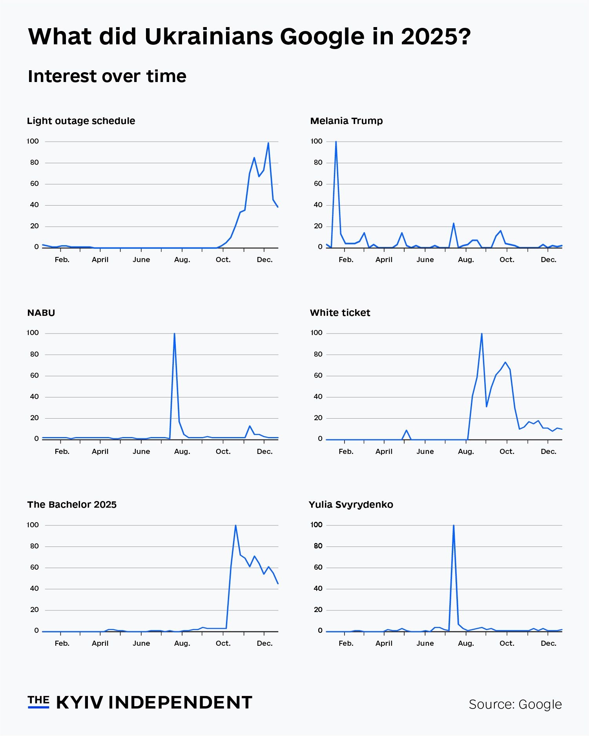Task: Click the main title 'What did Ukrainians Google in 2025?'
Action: pos(249,37)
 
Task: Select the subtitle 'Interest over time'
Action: pos(107,76)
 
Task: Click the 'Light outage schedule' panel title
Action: pos(81,121)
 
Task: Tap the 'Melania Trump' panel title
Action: pos(346,121)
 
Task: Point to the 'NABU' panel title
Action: pos(41,313)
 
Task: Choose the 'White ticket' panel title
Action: pos(340,313)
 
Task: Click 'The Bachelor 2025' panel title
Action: pos(72,505)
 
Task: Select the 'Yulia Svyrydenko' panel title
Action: pos(351,505)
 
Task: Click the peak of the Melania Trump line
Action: pos(336,142)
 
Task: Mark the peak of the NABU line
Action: pos(174,334)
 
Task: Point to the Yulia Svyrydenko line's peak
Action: pos(454,526)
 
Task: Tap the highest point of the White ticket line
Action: pos(481,334)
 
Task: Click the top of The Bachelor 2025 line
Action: pos(235,526)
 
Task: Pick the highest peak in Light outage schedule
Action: pos(268,143)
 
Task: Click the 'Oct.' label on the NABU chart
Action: pos(223,452)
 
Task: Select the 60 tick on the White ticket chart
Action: pos(318,375)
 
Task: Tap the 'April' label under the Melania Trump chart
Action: pos(384,260)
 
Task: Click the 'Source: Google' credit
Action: pos(515,704)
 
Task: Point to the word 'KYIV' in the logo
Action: pos(80,703)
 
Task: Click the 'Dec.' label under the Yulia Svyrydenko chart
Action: pos(548,643)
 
